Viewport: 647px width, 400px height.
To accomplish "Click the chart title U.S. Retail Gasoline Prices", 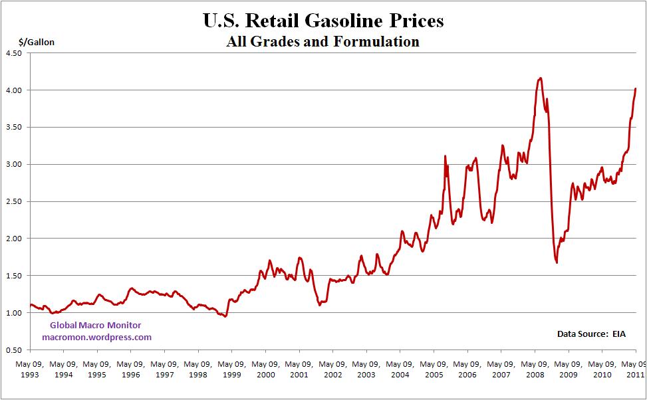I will click(x=323, y=21).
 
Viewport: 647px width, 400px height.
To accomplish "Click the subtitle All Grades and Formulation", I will click(x=323, y=42).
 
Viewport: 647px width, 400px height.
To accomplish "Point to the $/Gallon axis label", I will click(x=37, y=43).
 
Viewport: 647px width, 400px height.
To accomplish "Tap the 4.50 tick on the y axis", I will click(x=14, y=53).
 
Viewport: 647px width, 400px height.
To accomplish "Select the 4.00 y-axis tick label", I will click(x=14, y=90).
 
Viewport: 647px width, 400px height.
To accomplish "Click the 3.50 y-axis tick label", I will click(x=14, y=128).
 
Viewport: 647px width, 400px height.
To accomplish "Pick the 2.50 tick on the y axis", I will click(x=14, y=202).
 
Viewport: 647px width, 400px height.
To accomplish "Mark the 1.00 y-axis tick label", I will click(x=14, y=313).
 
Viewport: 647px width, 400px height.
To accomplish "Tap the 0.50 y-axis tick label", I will click(x=14, y=350).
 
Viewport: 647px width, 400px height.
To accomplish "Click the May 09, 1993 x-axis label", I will click(x=29, y=369).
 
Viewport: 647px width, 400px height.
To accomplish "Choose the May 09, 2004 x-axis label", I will click(x=400, y=369).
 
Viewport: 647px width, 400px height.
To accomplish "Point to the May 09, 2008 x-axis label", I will click(x=535, y=369).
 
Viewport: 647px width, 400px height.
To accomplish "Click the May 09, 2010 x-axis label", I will click(x=602, y=369).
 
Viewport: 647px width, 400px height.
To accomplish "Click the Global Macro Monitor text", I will click(x=96, y=325).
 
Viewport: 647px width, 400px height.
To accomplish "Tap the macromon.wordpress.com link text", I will click(x=96, y=337).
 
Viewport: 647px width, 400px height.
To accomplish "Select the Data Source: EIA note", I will click(x=591, y=334).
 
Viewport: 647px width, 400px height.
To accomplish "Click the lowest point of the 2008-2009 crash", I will click(x=556, y=262).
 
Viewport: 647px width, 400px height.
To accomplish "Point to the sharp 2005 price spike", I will click(x=445, y=156).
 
